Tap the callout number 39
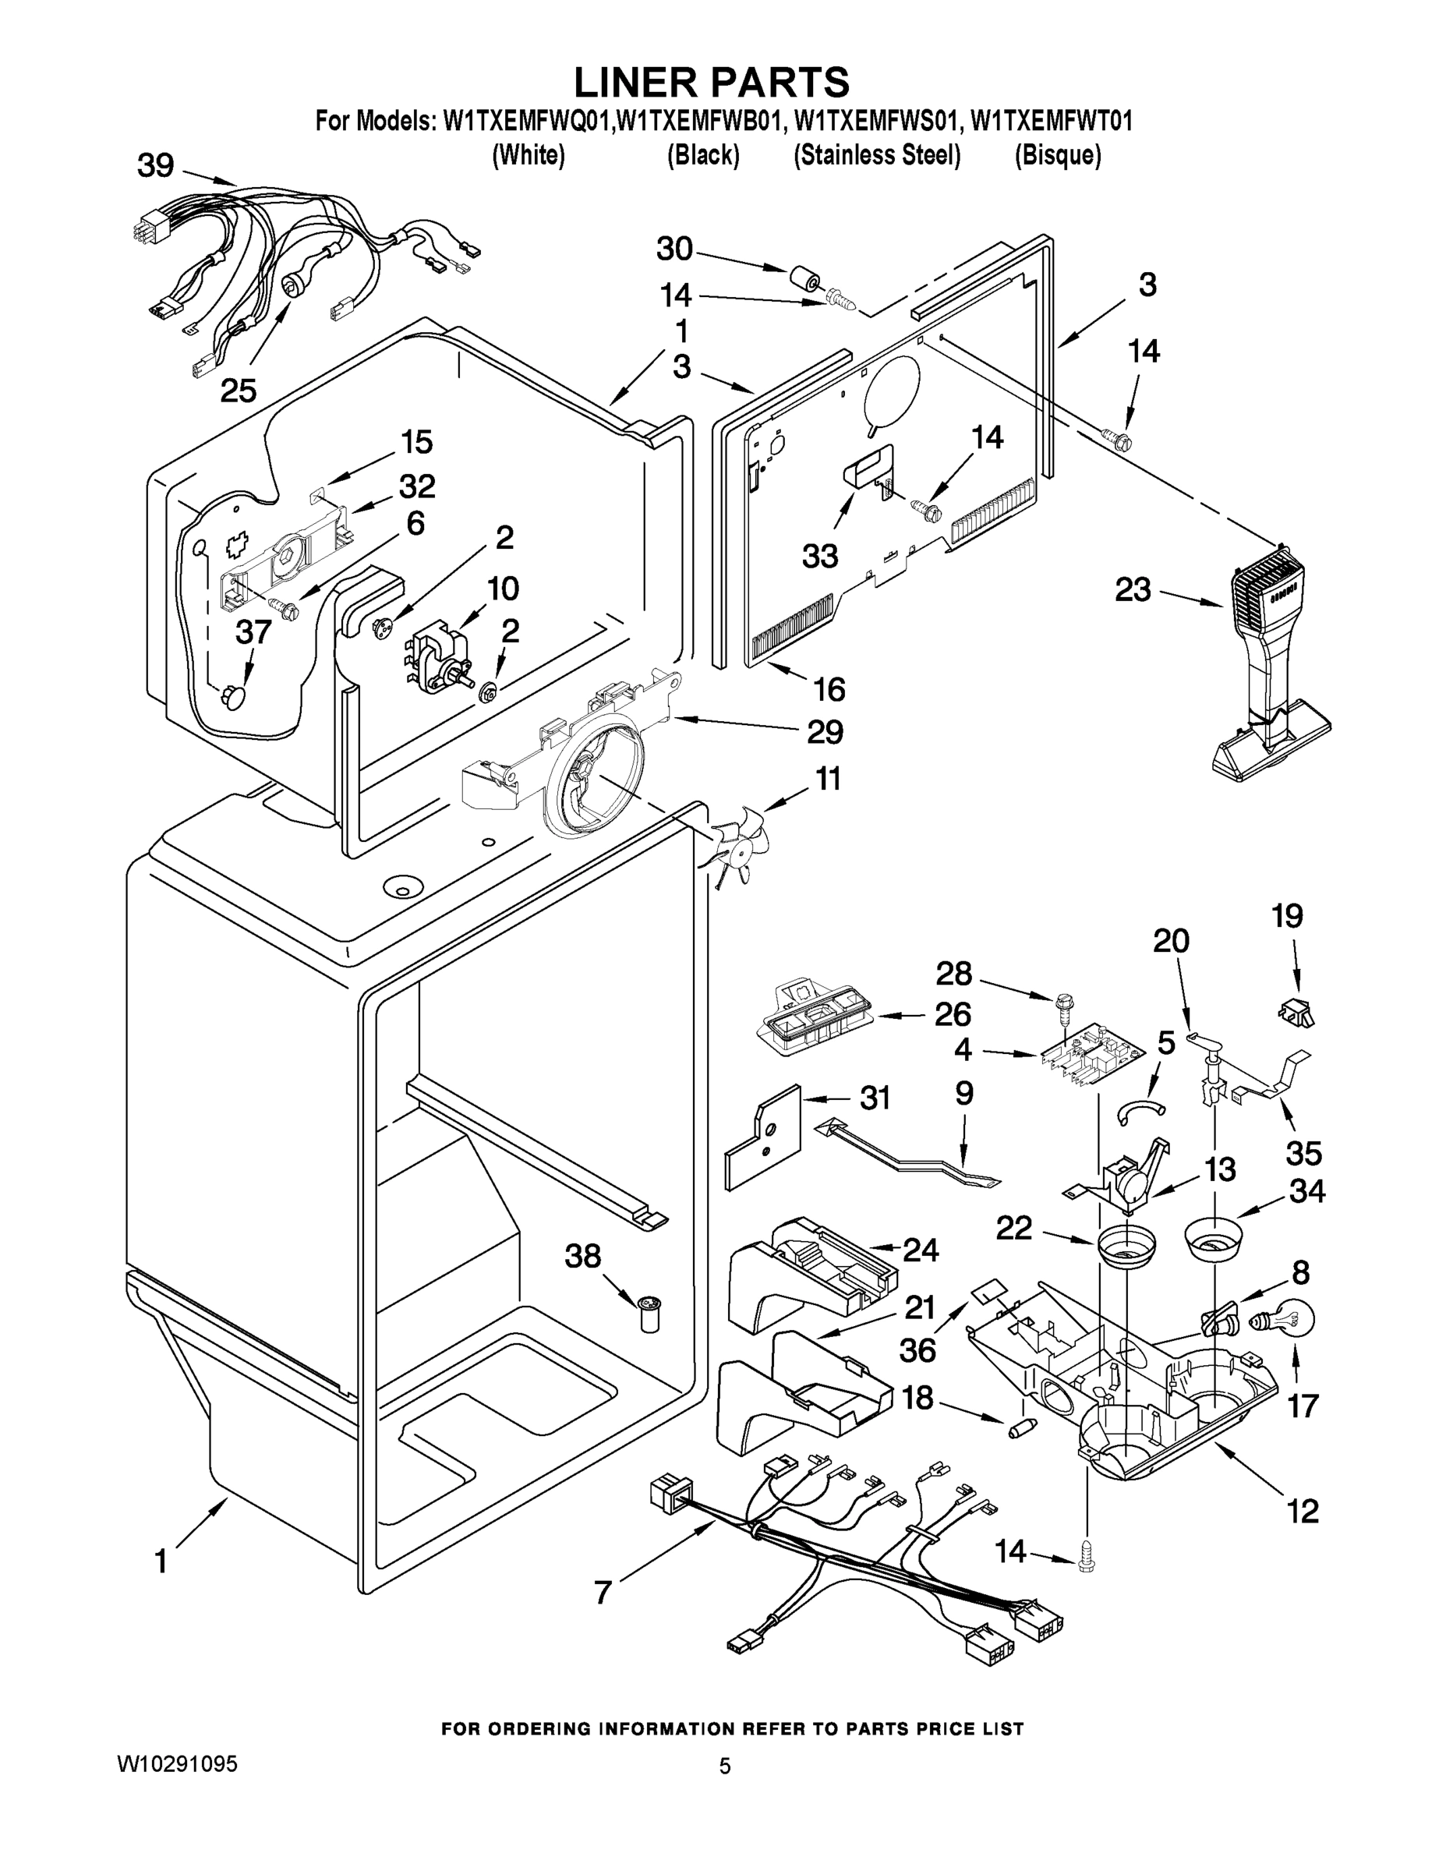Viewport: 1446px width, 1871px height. (x=156, y=165)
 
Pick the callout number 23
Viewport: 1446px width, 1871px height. (x=1133, y=589)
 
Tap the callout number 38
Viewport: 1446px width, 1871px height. (x=582, y=1256)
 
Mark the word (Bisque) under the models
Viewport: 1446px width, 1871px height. (x=1058, y=155)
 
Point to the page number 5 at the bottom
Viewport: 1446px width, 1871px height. (x=725, y=1766)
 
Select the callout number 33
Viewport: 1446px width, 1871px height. (x=820, y=556)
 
